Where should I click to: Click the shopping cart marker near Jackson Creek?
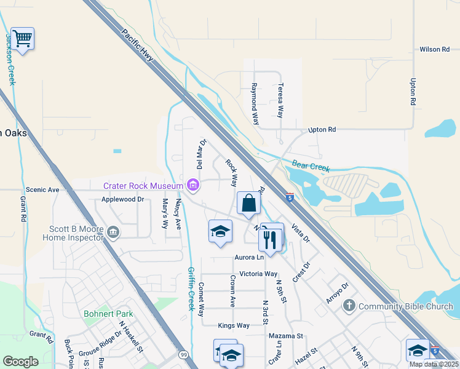[22, 39]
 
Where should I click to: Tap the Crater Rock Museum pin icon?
[193, 185]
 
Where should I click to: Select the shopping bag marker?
[248, 203]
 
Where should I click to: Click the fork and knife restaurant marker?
[271, 238]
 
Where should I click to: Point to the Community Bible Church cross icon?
[349, 306]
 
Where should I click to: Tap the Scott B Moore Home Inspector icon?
[113, 232]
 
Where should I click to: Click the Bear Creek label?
[311, 167]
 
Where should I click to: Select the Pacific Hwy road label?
[139, 46]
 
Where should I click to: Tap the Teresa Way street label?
[280, 101]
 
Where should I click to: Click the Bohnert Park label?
[108, 314]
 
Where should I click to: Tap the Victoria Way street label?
[258, 274]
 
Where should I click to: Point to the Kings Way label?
[234, 325]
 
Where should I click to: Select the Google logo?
[20, 362]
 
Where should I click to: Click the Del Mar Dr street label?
[200, 154]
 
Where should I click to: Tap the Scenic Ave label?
[42, 190]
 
